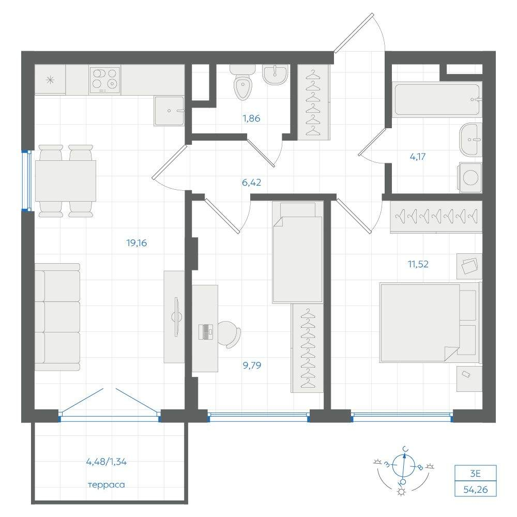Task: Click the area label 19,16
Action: click(x=136, y=243)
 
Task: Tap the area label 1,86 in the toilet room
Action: click(x=252, y=118)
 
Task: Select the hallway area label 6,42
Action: click(x=252, y=182)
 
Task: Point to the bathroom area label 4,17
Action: click(x=417, y=157)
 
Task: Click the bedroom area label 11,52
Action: click(x=418, y=264)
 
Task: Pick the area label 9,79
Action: click(x=252, y=365)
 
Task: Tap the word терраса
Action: click(x=107, y=485)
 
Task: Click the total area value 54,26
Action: click(x=476, y=489)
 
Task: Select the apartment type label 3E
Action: click(x=476, y=474)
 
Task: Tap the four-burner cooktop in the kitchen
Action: click(x=104, y=80)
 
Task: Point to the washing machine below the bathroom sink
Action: click(x=470, y=177)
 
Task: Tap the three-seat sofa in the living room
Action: click(x=58, y=317)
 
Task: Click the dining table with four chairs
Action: click(x=66, y=180)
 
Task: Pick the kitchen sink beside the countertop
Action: click(x=169, y=111)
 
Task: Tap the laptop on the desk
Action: click(x=206, y=332)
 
